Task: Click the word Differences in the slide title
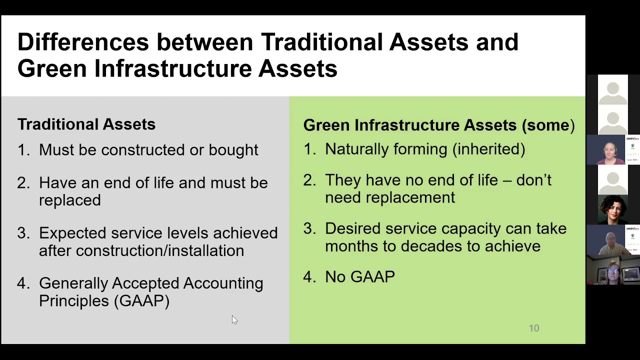(x=83, y=42)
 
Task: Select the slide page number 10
(x=534, y=328)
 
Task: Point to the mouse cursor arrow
(x=234, y=320)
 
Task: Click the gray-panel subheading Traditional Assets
(x=86, y=124)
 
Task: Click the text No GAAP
(x=359, y=277)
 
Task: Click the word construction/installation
(x=159, y=250)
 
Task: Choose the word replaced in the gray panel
(x=69, y=200)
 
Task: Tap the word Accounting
(x=223, y=283)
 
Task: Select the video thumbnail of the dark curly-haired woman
(x=612, y=210)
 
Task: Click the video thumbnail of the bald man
(x=612, y=240)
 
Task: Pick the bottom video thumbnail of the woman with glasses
(x=612, y=270)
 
